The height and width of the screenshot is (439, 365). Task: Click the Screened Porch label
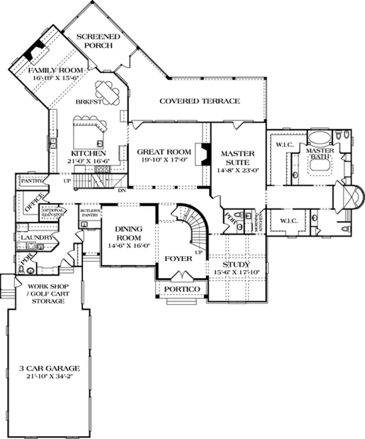(98, 41)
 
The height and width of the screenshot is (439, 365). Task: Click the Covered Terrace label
(200, 101)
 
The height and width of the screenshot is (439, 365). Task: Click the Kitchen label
(89, 153)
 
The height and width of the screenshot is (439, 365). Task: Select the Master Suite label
(238, 158)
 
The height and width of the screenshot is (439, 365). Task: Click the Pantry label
(31, 181)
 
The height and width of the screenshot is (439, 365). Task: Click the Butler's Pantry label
(89, 212)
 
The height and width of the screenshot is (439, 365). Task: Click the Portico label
(182, 289)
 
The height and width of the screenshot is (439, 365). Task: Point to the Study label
(236, 264)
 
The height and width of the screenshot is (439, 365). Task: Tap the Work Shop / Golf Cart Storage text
(48, 294)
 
